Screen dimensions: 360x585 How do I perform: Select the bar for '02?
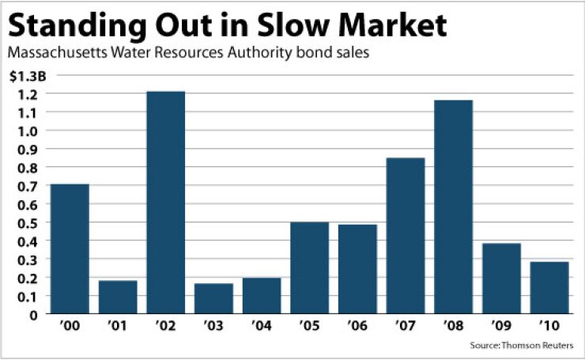165,203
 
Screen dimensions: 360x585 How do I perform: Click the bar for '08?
453,207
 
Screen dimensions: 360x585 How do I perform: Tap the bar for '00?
70,249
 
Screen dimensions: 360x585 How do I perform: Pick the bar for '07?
405,236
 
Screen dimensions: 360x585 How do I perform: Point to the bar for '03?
213,298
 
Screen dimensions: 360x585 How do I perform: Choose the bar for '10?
549,287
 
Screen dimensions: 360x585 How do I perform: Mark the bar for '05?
309,268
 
